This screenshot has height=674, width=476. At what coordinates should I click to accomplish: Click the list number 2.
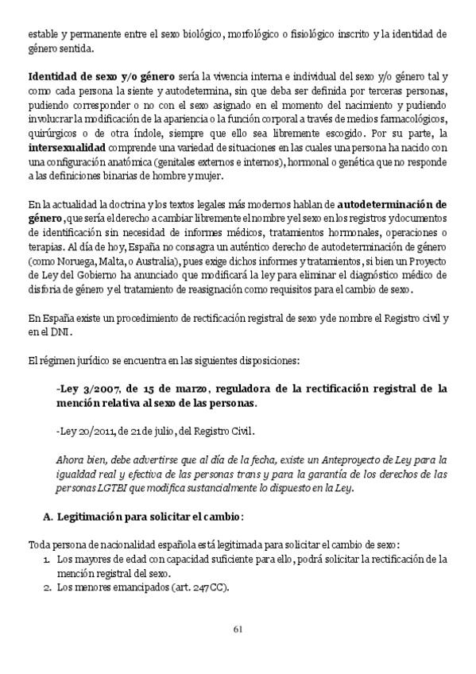[x=46, y=587]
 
